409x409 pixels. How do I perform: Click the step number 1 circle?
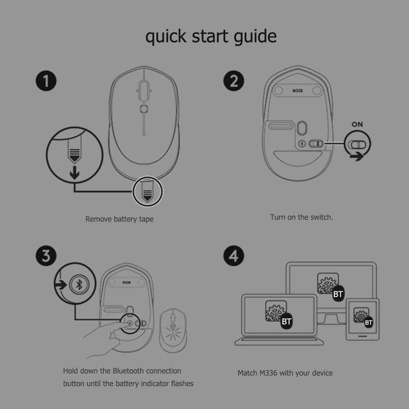pyautogui.click(x=46, y=81)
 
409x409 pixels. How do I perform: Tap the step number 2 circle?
pyautogui.click(x=234, y=81)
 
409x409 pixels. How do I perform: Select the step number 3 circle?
pyautogui.click(x=46, y=256)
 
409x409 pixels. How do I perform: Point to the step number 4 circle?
pyautogui.click(x=234, y=256)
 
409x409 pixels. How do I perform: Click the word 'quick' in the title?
pyautogui.click(x=166, y=36)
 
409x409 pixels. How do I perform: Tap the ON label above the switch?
pyautogui.click(x=357, y=125)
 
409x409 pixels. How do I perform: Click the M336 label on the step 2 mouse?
pyautogui.click(x=297, y=91)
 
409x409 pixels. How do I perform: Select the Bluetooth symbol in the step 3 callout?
pyautogui.click(x=79, y=284)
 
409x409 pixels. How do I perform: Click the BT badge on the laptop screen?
pyautogui.click(x=286, y=321)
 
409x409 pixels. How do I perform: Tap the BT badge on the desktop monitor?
pyautogui.click(x=338, y=294)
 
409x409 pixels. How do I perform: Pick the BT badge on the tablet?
pyautogui.click(x=368, y=323)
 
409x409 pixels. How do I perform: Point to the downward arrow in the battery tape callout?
pyautogui.click(x=75, y=173)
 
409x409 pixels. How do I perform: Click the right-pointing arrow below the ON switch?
pyautogui.click(x=357, y=156)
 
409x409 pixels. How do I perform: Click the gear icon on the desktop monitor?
pyautogui.click(x=327, y=284)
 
